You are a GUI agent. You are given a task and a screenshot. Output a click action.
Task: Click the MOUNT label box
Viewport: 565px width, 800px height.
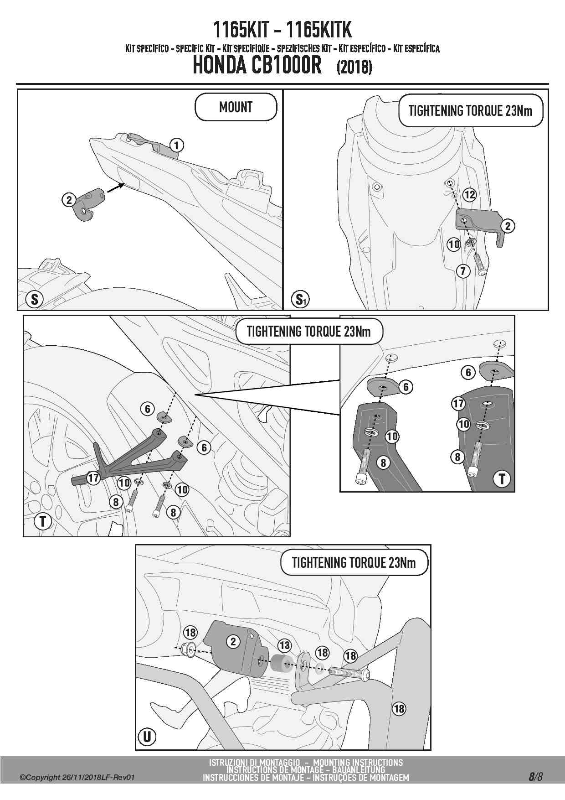click(236, 107)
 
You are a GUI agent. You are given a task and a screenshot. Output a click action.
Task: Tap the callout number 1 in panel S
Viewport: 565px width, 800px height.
click(176, 145)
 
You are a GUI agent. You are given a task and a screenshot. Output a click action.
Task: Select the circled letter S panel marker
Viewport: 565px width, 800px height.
click(35, 299)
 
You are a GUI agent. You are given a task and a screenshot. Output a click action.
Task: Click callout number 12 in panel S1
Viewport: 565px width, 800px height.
click(469, 195)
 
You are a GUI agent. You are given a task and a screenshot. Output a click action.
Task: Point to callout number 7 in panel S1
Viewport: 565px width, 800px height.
click(463, 271)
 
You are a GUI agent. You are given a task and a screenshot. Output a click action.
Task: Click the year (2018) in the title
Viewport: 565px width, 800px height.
click(354, 68)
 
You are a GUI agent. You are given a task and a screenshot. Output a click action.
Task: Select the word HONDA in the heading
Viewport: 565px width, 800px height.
click(219, 65)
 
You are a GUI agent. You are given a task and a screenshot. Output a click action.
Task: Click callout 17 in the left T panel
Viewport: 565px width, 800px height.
click(93, 478)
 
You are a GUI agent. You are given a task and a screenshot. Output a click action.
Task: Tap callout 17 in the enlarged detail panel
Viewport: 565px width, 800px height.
click(458, 403)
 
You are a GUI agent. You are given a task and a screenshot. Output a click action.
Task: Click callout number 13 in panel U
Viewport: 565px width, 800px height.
click(285, 645)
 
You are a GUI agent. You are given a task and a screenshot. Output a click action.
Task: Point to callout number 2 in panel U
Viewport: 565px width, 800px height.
click(233, 641)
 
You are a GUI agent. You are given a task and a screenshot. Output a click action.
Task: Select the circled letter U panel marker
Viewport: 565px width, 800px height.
click(147, 737)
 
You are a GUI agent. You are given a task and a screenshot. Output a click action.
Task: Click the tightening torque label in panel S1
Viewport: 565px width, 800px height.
click(470, 110)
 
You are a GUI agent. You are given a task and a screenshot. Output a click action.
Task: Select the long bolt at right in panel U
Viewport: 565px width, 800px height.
click(349, 673)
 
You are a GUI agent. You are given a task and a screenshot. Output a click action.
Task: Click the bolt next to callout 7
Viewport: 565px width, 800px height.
click(480, 264)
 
